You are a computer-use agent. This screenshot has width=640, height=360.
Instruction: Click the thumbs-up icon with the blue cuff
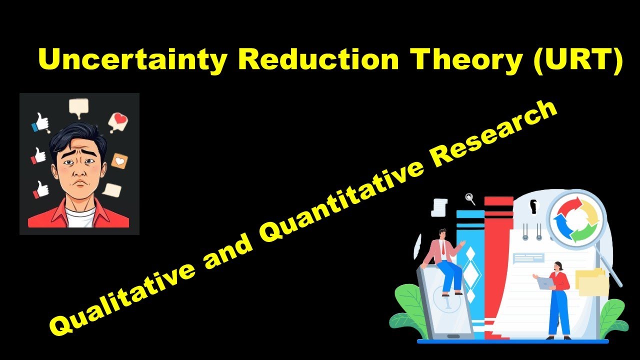point(40,122)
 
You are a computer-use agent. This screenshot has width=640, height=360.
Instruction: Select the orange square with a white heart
point(119,161)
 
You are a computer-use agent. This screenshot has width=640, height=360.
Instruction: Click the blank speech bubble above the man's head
point(78,106)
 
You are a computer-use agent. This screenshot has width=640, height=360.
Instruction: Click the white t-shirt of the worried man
point(80,218)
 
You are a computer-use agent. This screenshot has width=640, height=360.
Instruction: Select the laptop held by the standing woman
point(545,283)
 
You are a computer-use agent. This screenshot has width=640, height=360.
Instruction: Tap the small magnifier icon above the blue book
point(469,198)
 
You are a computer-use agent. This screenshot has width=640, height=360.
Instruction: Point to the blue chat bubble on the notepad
point(528,257)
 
